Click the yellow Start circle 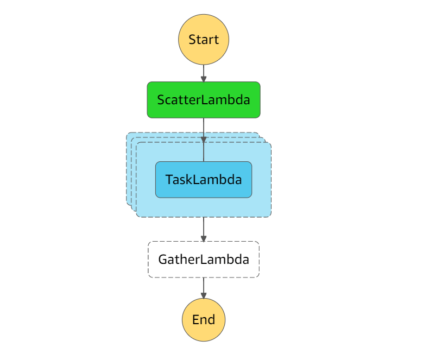[x=204, y=40]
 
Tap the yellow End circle [x=204, y=320]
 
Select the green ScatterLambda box [x=204, y=100]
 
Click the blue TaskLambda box [x=204, y=179]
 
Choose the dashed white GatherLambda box [x=204, y=260]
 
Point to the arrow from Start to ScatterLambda [x=204, y=73]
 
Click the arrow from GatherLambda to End [x=204, y=288]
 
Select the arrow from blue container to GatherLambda [x=204, y=230]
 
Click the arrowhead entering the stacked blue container [x=204, y=140]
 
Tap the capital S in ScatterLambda [x=161, y=100]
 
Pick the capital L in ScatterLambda [x=204, y=100]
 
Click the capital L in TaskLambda [x=196, y=179]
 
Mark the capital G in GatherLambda [x=163, y=260]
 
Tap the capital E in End [x=195, y=320]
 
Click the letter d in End [x=211, y=319]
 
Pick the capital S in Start [x=192, y=40]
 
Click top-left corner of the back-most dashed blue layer [x=127, y=133]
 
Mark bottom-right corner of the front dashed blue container [x=271, y=217]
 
